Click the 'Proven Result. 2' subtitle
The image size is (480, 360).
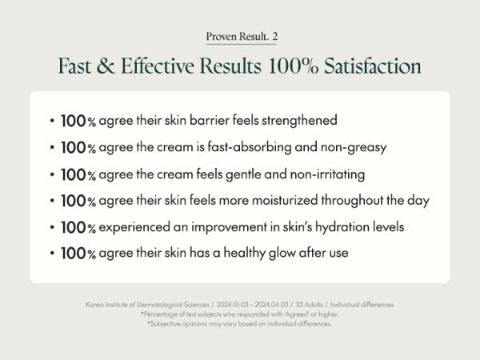click(x=242, y=37)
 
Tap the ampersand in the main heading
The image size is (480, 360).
click(x=106, y=66)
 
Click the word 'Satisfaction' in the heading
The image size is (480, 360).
click(x=373, y=66)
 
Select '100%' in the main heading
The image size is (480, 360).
click(x=293, y=66)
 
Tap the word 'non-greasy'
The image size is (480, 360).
click(x=354, y=148)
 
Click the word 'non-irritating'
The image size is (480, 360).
click(x=327, y=174)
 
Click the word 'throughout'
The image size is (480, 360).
click(x=352, y=201)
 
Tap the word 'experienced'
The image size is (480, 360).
click(x=134, y=227)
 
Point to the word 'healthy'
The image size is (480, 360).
click(x=244, y=254)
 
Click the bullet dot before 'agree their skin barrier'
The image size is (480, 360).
click(x=52, y=121)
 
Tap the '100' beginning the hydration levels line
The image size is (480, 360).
click(x=74, y=227)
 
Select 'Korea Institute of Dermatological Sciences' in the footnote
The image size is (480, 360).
click(x=147, y=305)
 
